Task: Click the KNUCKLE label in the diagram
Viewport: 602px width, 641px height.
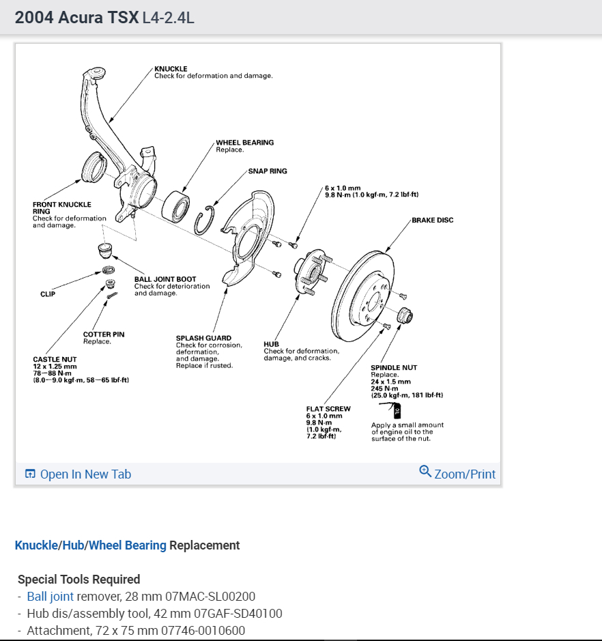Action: coord(171,69)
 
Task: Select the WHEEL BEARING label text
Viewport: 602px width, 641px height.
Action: coord(244,143)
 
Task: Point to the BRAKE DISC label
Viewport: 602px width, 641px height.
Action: coord(432,220)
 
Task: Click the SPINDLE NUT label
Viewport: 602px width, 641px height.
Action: coord(394,368)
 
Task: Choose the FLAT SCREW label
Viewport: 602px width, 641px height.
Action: coord(328,409)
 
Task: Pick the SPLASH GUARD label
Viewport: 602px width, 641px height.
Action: coord(203,338)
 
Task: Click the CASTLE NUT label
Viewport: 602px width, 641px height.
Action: coord(55,359)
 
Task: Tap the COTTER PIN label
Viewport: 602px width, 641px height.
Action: coord(103,334)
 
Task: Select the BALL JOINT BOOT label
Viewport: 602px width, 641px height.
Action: coord(164,279)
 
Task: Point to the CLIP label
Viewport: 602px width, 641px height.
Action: coord(48,294)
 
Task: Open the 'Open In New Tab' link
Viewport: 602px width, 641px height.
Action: coord(78,474)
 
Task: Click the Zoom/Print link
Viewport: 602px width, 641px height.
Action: coord(457,474)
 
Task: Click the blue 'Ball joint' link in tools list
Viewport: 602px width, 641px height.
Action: coord(50,597)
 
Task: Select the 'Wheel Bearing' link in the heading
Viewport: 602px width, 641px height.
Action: coord(127,545)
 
